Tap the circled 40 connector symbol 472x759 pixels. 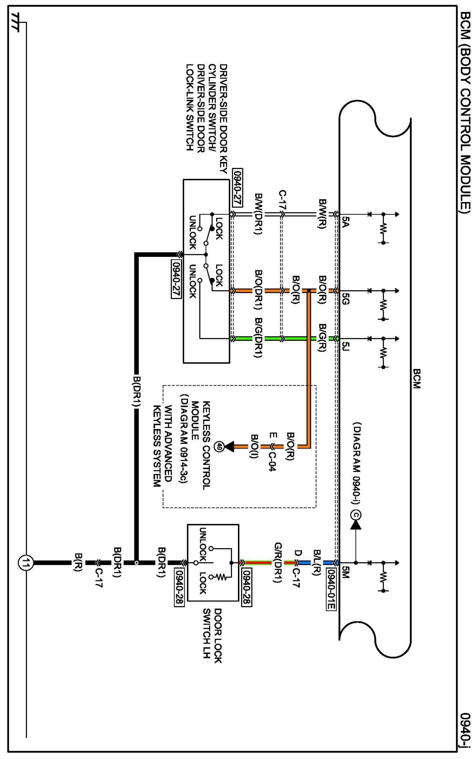220,446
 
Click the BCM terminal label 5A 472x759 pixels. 345,221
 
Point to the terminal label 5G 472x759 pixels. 345,298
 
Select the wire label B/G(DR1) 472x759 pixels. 258,337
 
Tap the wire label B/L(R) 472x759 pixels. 317,563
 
